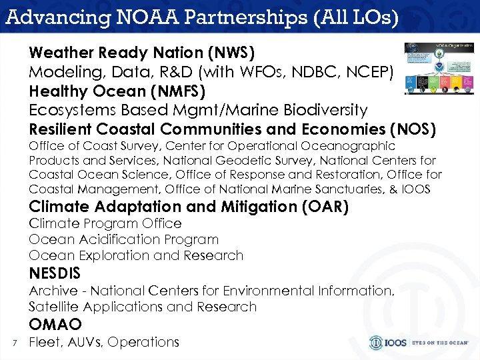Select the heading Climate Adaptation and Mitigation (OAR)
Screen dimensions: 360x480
click(189, 207)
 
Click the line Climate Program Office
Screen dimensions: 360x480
click(105, 223)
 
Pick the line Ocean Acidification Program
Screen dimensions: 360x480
click(123, 239)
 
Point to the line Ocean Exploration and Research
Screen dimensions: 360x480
click(136, 255)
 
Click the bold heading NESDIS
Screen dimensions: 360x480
click(55, 273)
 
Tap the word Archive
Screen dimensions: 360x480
click(53, 291)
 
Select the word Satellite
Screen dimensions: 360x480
click(53, 307)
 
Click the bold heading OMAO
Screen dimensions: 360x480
click(55, 325)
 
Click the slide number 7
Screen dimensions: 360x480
click(14, 343)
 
